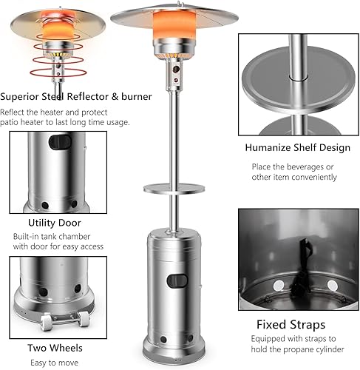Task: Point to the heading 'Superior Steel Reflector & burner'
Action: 77,96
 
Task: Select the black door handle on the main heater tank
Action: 177,280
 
